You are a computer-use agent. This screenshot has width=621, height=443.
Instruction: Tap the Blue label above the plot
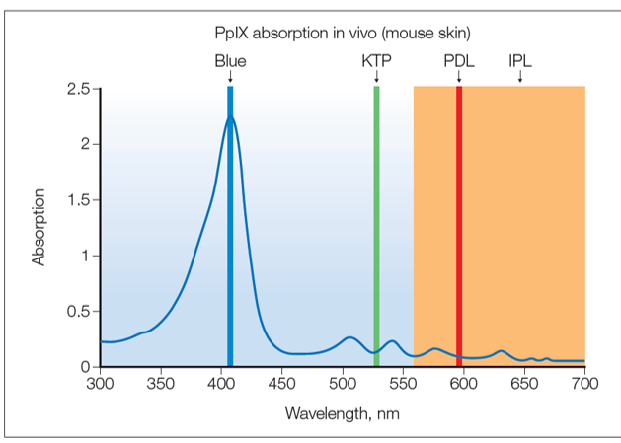coord(230,60)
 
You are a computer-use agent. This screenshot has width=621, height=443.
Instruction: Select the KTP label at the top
coord(376,60)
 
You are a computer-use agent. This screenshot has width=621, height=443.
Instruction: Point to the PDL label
coord(459,60)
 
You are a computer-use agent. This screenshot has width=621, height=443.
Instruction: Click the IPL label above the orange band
coord(520,60)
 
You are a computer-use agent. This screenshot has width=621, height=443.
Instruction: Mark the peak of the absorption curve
coord(230,116)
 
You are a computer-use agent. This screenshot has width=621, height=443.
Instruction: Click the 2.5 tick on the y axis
coord(78,89)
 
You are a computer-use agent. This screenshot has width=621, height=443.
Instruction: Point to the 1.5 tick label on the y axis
coord(78,200)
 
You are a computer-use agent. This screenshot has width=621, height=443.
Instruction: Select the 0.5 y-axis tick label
coord(78,312)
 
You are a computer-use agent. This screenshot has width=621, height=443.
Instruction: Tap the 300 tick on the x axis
coord(101,382)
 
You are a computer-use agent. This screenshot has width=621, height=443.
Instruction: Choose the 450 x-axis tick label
coord(282,382)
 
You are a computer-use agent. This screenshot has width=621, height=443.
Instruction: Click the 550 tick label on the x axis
coord(404,382)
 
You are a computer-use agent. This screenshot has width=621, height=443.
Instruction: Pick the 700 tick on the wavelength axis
coord(584,382)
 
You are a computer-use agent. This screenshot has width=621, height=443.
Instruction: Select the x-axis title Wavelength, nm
coord(342,412)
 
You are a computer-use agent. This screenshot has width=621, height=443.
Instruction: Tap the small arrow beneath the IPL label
coord(520,77)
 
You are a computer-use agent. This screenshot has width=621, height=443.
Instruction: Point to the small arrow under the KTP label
coord(376,77)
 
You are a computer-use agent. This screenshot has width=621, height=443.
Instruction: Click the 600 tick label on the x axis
coord(464,382)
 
